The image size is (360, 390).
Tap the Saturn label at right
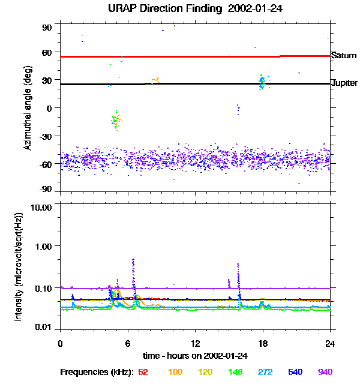[x=343, y=55]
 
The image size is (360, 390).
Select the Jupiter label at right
[x=344, y=83]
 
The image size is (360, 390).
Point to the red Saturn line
[x=180, y=56]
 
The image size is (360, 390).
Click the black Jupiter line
[x=180, y=84]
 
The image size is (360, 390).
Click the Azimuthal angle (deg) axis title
[x=26, y=108]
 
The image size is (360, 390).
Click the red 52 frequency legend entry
[x=143, y=372]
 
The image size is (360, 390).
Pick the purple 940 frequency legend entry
[x=325, y=372]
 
